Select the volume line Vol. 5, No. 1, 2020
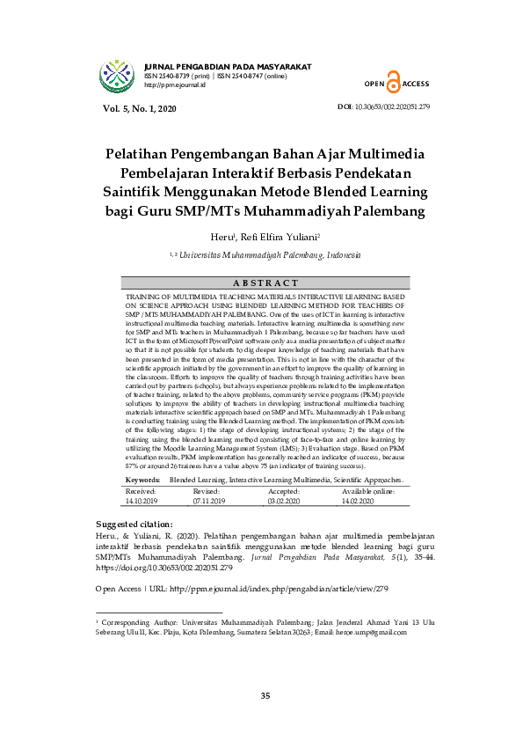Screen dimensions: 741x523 pyautogui.click(x=140, y=108)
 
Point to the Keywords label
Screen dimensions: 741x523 pyautogui.click(x=142, y=480)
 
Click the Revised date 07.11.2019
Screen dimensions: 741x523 pyautogui.click(x=209, y=500)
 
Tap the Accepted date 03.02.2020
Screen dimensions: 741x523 pyautogui.click(x=283, y=500)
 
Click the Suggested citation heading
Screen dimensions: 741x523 pyautogui.click(x=134, y=523)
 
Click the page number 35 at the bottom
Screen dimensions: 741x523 pyautogui.click(x=265, y=697)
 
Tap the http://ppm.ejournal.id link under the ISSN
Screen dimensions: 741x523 pyautogui.click(x=174, y=85)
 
